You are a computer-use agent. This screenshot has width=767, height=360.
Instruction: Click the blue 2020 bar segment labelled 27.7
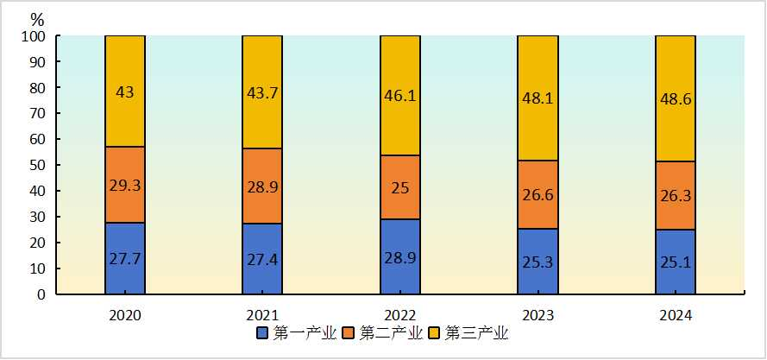(x=124, y=258)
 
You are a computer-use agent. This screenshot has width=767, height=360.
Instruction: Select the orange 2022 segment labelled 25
(x=400, y=187)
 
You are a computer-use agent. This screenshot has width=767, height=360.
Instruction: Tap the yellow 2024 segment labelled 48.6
(x=676, y=98)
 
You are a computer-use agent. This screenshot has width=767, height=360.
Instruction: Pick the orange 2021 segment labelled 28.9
(x=262, y=186)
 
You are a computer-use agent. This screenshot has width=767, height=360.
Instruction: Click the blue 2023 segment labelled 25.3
(x=538, y=261)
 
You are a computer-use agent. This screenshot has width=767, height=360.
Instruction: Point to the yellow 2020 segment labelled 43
(x=124, y=91)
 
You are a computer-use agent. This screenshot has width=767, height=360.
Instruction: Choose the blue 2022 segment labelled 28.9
(x=400, y=256)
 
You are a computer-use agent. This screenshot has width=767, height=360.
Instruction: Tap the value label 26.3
(x=676, y=195)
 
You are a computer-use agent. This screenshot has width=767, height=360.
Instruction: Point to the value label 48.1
(x=538, y=98)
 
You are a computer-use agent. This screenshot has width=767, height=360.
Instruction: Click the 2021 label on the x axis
(x=262, y=316)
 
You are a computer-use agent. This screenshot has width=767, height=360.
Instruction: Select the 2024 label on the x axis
(x=676, y=316)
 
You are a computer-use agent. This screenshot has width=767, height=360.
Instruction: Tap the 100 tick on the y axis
(x=33, y=36)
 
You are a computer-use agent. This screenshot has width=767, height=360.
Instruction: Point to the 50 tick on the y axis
(x=36, y=165)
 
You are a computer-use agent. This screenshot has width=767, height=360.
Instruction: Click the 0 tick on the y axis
(x=41, y=294)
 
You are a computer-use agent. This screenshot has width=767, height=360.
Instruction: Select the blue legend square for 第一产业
(x=262, y=332)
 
